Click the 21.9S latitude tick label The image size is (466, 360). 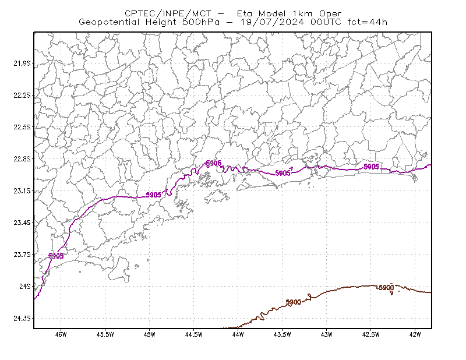click(x=22, y=63)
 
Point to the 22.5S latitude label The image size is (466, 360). click(x=22, y=127)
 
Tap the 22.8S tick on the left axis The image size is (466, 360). click(x=22, y=159)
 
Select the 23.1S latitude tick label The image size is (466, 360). click(x=22, y=190)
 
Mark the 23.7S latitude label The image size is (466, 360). click(x=22, y=254)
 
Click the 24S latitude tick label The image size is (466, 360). click(x=25, y=286)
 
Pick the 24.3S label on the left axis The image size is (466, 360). click(x=22, y=318)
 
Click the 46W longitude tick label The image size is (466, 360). click(x=61, y=334)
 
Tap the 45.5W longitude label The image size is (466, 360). click(x=105, y=334)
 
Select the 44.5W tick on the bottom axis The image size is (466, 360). click(x=194, y=334)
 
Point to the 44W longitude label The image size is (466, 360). click(x=238, y=334)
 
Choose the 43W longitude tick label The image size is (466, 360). click(x=327, y=334)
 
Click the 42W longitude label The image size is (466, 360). click(x=415, y=334)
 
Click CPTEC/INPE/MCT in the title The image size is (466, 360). click(x=168, y=13)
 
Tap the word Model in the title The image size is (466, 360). click(x=272, y=13)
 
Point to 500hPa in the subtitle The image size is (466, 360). click(x=201, y=22)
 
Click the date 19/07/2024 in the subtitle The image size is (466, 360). click(x=272, y=22)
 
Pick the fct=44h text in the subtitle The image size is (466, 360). click(x=368, y=22)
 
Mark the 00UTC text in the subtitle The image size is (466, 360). click(x=326, y=22)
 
